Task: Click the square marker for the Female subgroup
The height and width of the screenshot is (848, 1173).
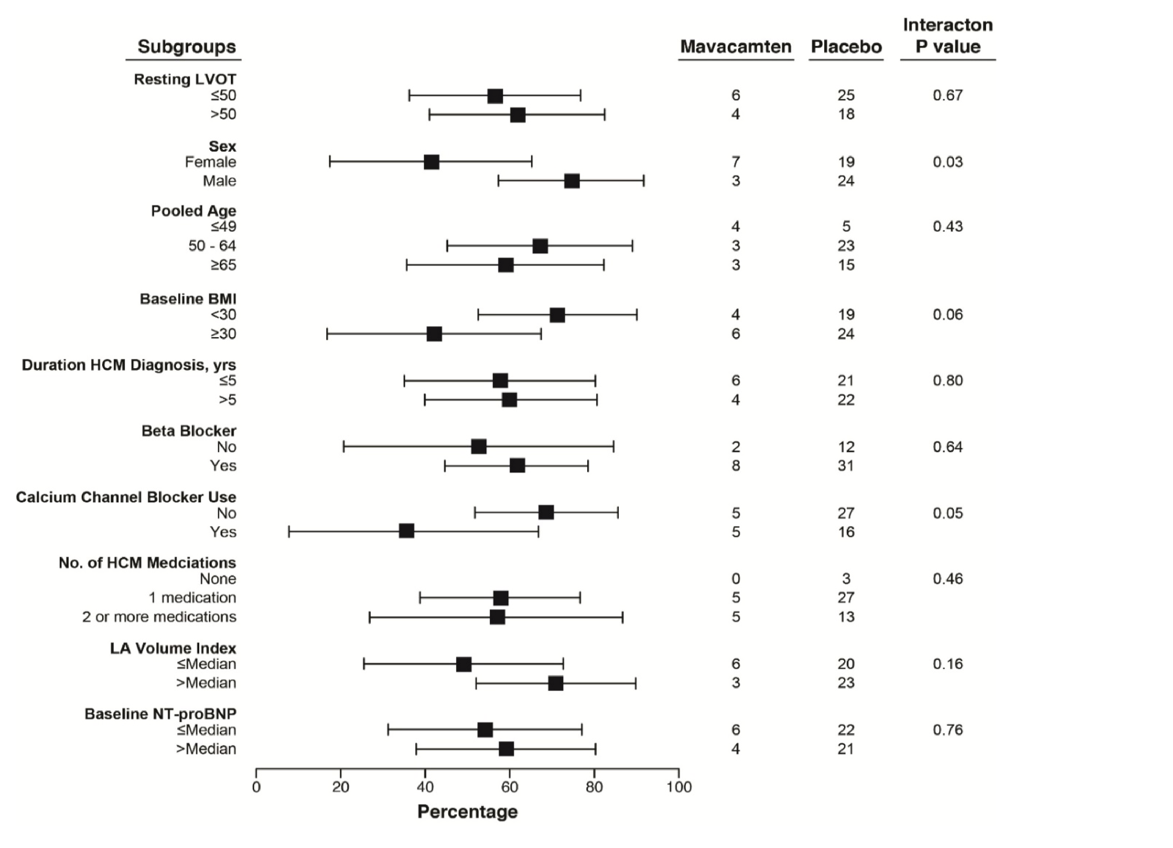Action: coord(431,162)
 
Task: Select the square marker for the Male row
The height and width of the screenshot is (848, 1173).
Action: coord(571,181)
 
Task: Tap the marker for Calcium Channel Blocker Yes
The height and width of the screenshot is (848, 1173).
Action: coord(406,531)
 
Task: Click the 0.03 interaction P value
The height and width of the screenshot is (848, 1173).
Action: coord(948,162)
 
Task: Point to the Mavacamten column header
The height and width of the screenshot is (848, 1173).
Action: coord(735,47)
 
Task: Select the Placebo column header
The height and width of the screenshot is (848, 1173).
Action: coord(846,47)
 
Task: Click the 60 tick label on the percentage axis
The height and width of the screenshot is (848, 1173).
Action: coord(509,787)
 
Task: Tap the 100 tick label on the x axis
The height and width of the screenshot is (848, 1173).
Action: coord(678,787)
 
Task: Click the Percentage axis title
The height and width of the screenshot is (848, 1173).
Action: coord(467,812)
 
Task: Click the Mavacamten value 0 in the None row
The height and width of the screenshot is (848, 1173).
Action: coord(735,578)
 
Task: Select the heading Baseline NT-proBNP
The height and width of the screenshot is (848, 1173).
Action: coord(160,714)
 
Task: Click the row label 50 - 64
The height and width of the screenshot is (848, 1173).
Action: coord(212,246)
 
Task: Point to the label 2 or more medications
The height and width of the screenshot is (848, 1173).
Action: coord(159,617)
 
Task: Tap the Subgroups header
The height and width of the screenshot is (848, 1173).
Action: coord(187,47)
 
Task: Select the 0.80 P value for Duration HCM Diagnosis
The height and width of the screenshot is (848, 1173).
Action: coord(948,381)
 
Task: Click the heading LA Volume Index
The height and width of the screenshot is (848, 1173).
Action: coord(173,648)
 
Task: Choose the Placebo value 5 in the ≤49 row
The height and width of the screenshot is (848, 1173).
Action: coord(846,226)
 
